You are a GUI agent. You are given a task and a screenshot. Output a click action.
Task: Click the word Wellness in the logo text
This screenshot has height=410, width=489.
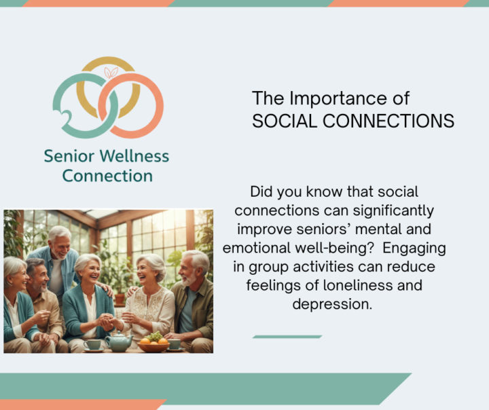133,157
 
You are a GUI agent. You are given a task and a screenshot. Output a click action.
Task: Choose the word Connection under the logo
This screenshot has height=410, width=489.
107,176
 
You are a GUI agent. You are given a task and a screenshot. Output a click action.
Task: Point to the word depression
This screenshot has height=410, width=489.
332,303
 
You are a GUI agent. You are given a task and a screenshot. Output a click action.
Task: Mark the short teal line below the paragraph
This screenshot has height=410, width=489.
287,336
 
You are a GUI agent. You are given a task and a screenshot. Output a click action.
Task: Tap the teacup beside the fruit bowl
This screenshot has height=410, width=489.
175,345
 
